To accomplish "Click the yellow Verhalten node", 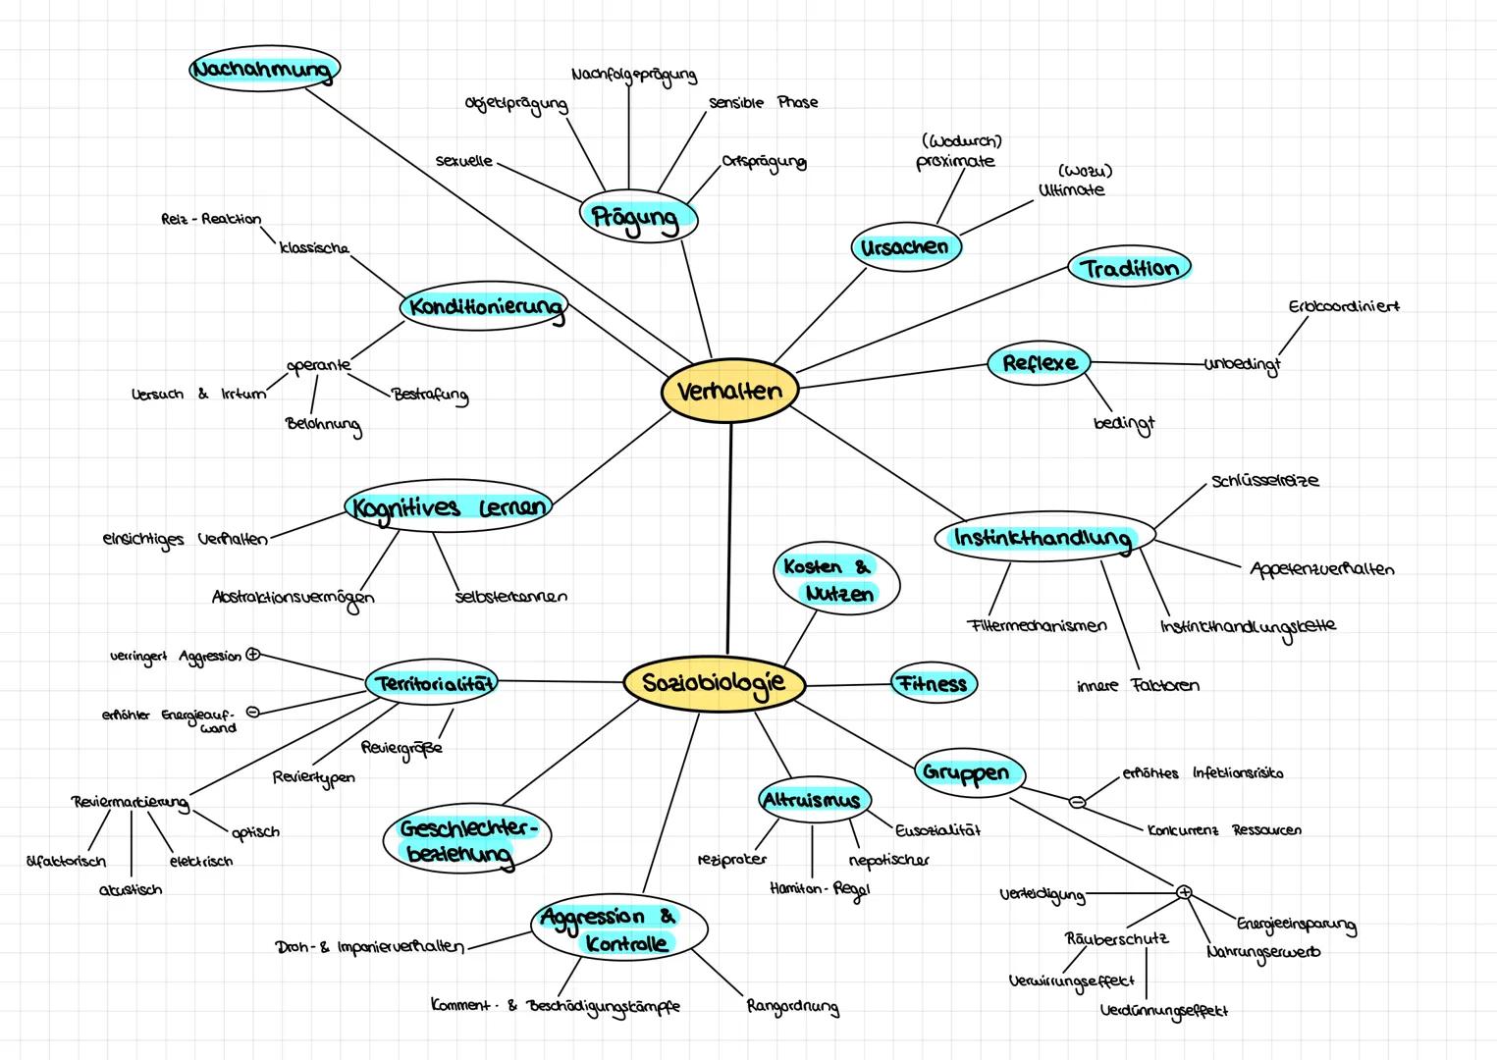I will coord(729,391).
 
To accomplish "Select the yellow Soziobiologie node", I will coord(714,683).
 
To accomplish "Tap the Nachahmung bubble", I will coord(264,70).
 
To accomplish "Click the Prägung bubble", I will coord(637,218).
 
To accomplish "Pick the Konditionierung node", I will coord(485,307).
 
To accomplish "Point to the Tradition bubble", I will coord(1129,268).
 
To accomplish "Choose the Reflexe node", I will coord(1040,363).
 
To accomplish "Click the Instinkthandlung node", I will coord(1042,538).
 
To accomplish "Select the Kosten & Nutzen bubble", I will coord(837,580).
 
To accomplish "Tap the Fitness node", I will coord(933,684).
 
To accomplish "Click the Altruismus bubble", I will coord(813,800).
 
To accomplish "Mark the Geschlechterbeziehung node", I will coord(467,840).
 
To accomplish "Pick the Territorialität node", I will coord(432,683).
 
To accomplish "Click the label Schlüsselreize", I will coord(1264,481).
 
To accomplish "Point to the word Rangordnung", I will coord(792,1007).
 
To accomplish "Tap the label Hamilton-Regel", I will coord(819,888).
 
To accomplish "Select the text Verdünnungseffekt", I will coord(1163,1010).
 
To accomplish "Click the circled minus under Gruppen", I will coord(1077,802).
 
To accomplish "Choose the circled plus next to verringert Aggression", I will coord(252,655).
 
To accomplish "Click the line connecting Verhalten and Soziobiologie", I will coord(729,540).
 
